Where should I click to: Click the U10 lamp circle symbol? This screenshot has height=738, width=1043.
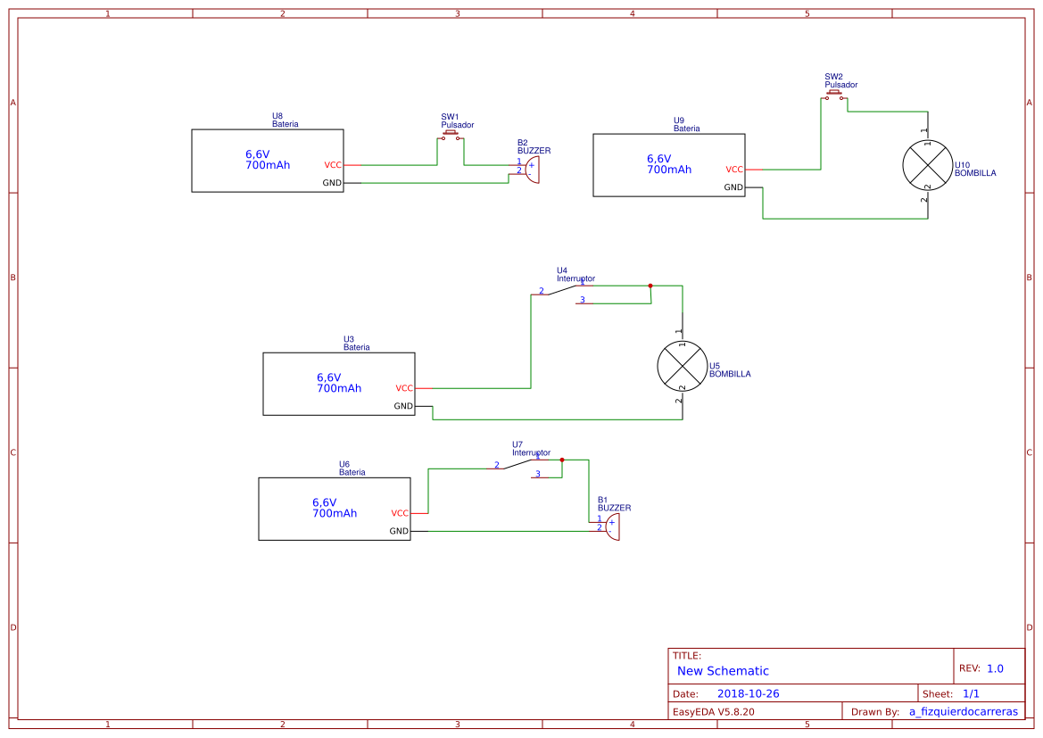coord(927,165)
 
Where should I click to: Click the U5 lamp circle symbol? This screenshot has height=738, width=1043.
coord(682,366)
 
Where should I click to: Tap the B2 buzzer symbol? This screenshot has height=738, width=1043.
coord(532,169)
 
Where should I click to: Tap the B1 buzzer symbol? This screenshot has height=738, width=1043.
coord(612,526)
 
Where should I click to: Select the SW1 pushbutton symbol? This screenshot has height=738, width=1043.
coord(451,136)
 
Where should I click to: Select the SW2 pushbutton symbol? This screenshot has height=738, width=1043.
coord(834,94)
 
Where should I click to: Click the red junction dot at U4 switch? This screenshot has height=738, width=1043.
coord(650,286)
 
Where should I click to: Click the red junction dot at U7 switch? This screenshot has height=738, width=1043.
coord(562,460)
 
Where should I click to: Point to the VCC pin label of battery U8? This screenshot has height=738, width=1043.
coord(332,165)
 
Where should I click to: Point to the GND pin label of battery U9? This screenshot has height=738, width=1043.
coord(733,187)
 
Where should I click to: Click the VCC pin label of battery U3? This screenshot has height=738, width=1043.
coord(404,388)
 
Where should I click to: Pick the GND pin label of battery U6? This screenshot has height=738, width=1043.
coord(399,531)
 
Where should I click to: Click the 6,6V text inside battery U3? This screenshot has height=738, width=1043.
coord(329,377)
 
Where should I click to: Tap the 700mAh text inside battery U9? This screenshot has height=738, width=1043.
coord(669,170)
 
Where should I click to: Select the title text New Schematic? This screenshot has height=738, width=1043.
coord(723,671)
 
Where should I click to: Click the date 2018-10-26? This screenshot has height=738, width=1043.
coord(748,693)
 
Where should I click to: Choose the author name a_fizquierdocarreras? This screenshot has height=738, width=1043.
coord(963,711)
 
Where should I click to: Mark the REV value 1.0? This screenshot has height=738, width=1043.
coord(995,668)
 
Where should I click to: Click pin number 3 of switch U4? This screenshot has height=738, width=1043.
coord(583,300)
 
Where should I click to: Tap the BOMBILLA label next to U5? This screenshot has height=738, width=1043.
coord(730,374)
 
